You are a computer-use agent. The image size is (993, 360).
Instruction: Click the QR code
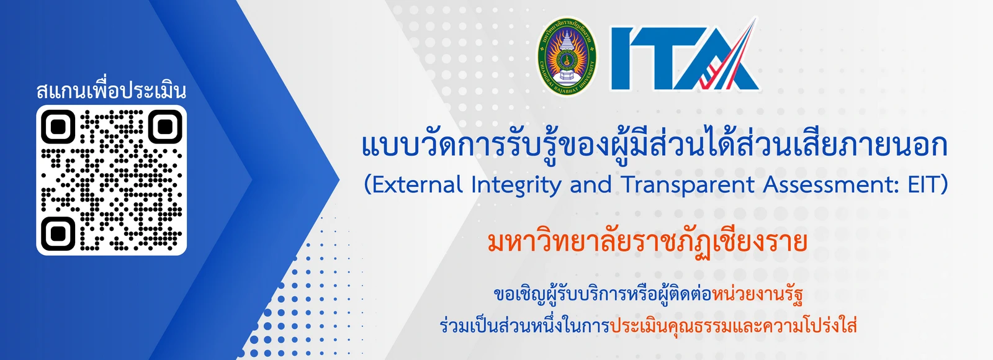pyautogui.click(x=112, y=180)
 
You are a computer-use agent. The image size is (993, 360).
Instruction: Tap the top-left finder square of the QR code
pyautogui.click(x=58, y=127)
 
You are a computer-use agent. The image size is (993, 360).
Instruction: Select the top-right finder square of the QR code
pyautogui.click(x=164, y=127)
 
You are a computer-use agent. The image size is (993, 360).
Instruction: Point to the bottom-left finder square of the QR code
pyautogui.click(x=58, y=233)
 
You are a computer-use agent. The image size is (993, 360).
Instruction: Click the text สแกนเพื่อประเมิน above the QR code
pyautogui.click(x=112, y=91)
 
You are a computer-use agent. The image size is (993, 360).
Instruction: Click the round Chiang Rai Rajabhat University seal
pyautogui.click(x=567, y=56)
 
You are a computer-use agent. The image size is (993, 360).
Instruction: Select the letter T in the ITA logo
pyautogui.click(x=663, y=59)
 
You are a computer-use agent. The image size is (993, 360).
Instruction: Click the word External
pyautogui.click(x=417, y=185)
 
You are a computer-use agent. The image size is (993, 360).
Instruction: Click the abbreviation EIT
pyautogui.click(x=924, y=185)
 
